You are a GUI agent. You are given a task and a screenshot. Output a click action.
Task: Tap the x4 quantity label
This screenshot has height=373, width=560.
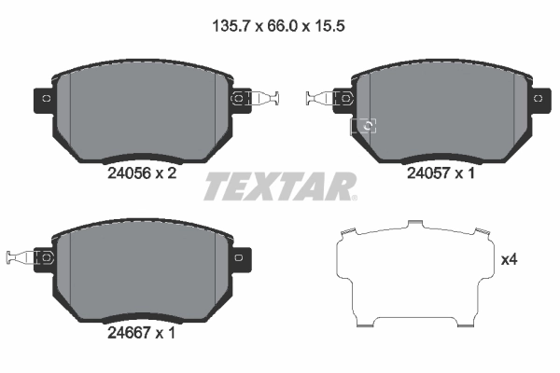point(509,259)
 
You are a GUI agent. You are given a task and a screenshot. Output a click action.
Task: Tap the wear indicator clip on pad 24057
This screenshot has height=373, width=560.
point(322,97)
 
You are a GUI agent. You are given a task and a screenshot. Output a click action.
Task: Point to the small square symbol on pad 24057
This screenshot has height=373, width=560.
point(366,127)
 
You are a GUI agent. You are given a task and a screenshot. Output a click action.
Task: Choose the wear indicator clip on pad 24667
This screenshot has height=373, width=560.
point(19,256)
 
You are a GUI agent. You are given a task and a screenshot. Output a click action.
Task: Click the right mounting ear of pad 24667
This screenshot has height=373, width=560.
point(239,256)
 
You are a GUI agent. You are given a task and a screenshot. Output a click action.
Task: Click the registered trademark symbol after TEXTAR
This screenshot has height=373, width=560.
point(353,197)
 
